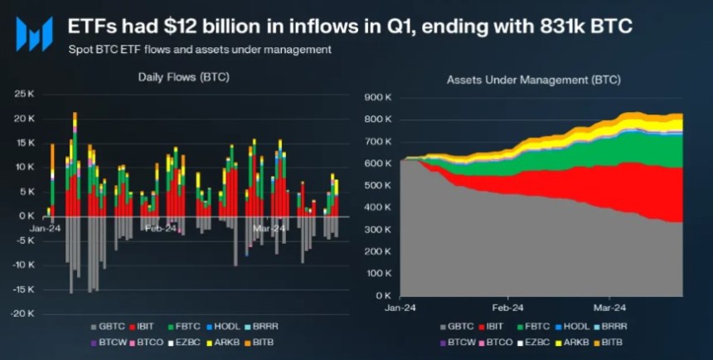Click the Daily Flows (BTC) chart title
click(x=183, y=77)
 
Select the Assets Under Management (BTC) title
click(x=534, y=80)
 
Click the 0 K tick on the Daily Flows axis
click(x=27, y=216)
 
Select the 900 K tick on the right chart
click(x=378, y=98)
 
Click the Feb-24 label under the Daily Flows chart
click(x=160, y=228)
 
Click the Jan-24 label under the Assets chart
click(x=400, y=305)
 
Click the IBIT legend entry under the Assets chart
click(x=497, y=327)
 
